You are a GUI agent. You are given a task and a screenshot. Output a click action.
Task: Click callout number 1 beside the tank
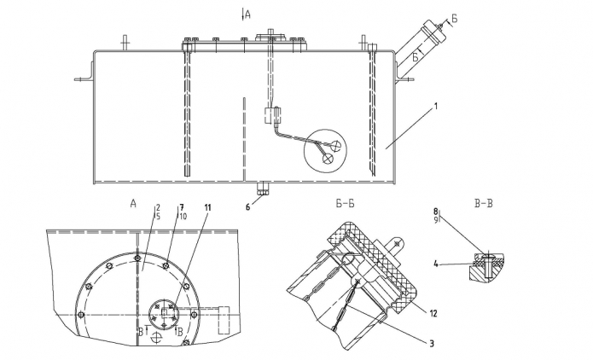pos(435,107)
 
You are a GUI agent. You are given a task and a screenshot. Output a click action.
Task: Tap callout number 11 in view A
pos(210,208)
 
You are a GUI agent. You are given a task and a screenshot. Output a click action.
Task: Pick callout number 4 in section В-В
pos(437,264)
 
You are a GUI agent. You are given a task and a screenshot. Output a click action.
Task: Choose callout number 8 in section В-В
pos(436,210)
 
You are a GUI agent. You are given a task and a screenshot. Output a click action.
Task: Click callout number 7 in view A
pos(181,207)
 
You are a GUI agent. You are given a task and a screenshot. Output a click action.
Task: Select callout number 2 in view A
pos(158,207)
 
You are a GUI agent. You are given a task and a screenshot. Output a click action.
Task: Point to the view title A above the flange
pos(133,204)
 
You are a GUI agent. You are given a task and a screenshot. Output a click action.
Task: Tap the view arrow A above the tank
pos(247,14)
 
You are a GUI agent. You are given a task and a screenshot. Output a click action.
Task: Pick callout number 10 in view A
pos(182,217)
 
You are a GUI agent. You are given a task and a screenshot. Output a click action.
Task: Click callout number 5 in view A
pos(158,217)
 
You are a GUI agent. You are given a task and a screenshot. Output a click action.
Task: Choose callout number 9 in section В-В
pos(436,219)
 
